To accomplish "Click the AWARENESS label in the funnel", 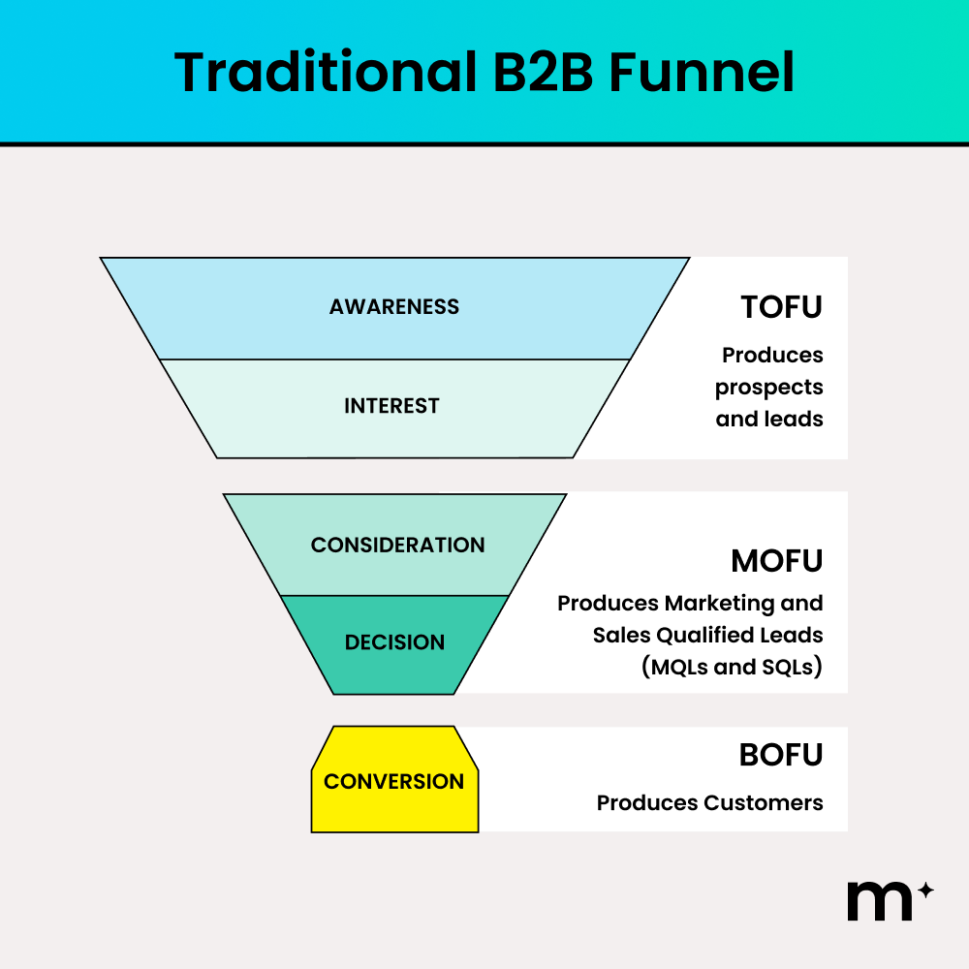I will (394, 307).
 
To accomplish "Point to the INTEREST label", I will (391, 406).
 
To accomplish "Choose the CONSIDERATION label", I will (397, 545).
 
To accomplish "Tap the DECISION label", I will (394, 642).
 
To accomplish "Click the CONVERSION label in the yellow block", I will (394, 781).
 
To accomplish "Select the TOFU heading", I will (781, 307).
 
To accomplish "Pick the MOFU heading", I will (776, 561).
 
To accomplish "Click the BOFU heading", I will (780, 755).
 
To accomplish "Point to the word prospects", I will (769, 388).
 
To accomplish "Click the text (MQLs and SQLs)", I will (733, 668).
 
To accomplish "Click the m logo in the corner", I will (879, 901).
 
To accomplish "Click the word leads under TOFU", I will (797, 420).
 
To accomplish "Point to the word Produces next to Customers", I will (646, 803).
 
